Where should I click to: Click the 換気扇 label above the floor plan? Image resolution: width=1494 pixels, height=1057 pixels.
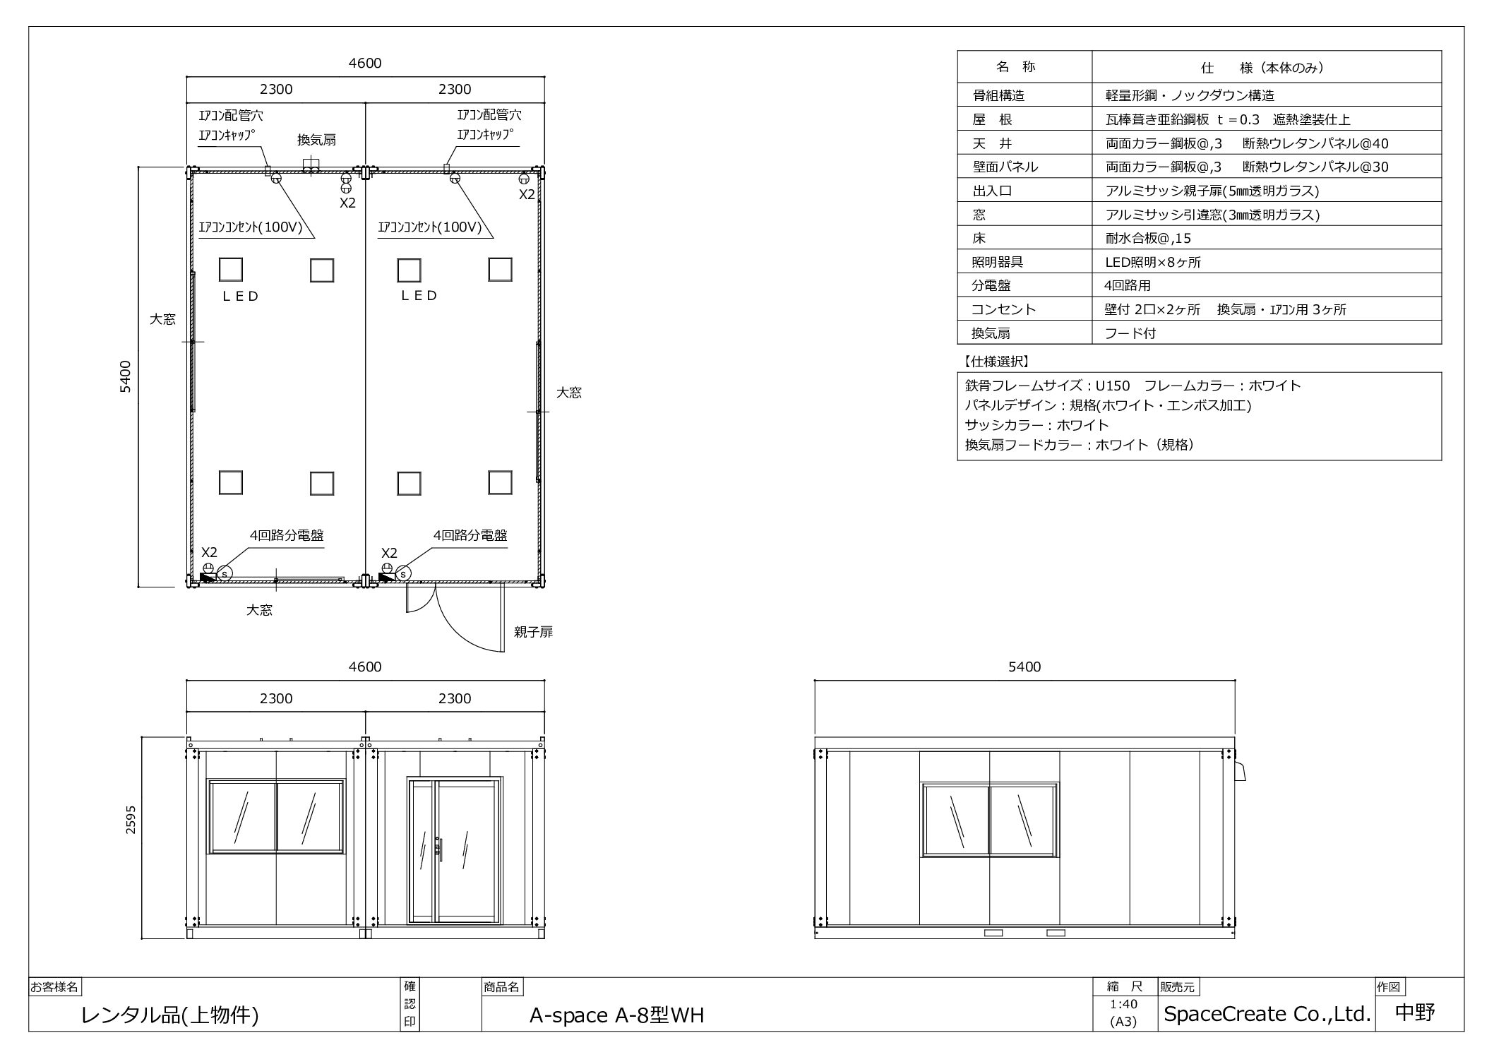(x=316, y=140)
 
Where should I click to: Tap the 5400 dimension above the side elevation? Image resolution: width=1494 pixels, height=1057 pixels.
(x=1024, y=667)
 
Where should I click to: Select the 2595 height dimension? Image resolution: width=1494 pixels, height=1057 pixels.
(x=131, y=820)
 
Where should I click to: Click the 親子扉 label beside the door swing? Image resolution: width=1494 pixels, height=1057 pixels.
(x=533, y=632)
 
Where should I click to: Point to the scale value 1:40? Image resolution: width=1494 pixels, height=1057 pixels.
(x=1123, y=1004)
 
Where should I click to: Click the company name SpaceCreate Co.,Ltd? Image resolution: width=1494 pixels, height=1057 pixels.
(x=1267, y=1014)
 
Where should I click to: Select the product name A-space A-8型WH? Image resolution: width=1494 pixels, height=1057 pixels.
(x=616, y=1015)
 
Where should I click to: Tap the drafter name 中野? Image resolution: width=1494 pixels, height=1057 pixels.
(x=1416, y=1013)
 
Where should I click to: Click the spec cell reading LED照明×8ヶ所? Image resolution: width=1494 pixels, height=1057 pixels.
(x=1152, y=262)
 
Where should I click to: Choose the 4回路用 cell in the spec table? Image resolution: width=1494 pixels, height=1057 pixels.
(x=1128, y=286)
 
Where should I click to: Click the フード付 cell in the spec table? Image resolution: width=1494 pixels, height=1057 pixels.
(x=1130, y=333)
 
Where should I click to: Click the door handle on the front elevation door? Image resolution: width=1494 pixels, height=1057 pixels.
(x=439, y=848)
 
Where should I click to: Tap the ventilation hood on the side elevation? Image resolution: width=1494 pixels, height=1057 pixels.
(x=1240, y=770)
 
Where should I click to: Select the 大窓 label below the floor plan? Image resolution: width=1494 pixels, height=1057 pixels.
(x=259, y=610)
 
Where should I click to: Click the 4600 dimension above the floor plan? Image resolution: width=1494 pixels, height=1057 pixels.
(x=365, y=63)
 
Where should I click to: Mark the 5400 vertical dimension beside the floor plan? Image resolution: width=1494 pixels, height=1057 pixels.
(x=125, y=377)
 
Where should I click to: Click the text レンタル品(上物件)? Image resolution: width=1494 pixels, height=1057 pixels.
(x=170, y=1015)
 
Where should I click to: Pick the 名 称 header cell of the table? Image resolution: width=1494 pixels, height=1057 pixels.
(x=1015, y=67)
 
